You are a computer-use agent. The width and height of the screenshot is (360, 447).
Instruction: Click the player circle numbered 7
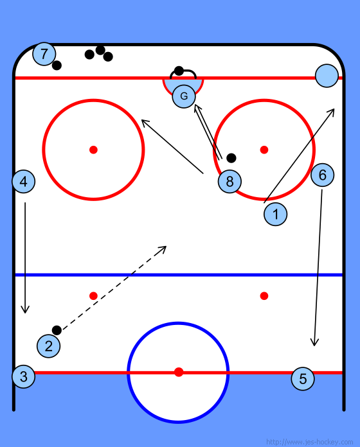pos(44,54)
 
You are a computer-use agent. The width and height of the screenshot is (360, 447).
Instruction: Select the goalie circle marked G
pos(184,96)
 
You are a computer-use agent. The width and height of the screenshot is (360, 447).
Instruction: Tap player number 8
pos(230,181)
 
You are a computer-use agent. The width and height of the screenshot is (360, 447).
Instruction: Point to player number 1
pos(276,214)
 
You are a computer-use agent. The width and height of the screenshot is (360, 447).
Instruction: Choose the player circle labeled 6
pos(322,175)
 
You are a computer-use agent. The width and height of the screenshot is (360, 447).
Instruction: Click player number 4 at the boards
pos(24,181)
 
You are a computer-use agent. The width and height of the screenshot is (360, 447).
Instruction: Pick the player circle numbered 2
pos(48,346)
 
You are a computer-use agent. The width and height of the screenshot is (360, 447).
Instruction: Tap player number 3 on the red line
pos(24,376)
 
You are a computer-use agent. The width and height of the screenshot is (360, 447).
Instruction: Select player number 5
pos(303,378)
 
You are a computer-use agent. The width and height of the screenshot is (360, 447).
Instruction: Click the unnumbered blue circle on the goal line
pos(327,76)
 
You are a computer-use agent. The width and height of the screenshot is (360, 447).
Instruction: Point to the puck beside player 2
pos(57,330)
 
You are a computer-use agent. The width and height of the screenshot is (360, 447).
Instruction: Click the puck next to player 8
pos(231,158)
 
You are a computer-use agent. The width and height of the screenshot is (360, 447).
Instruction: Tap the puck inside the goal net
pos(179,71)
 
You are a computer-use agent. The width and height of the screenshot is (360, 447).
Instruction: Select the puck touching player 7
pos(57,66)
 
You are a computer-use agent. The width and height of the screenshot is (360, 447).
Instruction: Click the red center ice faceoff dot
pos(179,372)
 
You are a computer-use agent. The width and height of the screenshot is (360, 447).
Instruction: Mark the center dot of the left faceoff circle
pos(94,150)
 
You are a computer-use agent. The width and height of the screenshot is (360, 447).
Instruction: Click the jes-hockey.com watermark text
pos(309,442)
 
